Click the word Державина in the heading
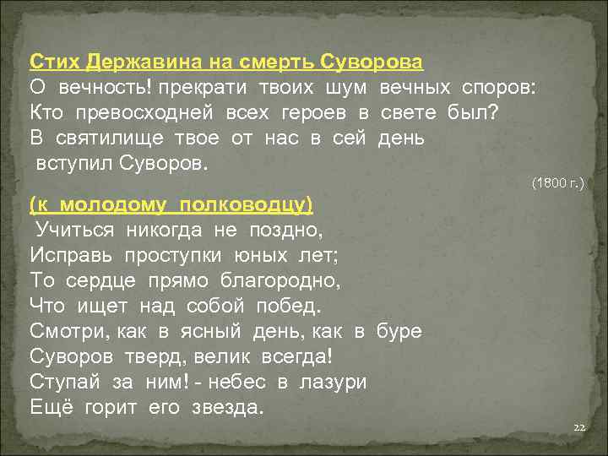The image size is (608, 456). (129, 62)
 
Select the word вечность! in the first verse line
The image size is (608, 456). (94, 87)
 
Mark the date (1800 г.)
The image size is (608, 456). (557, 182)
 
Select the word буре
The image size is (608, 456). (399, 331)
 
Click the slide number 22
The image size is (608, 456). (578, 428)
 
